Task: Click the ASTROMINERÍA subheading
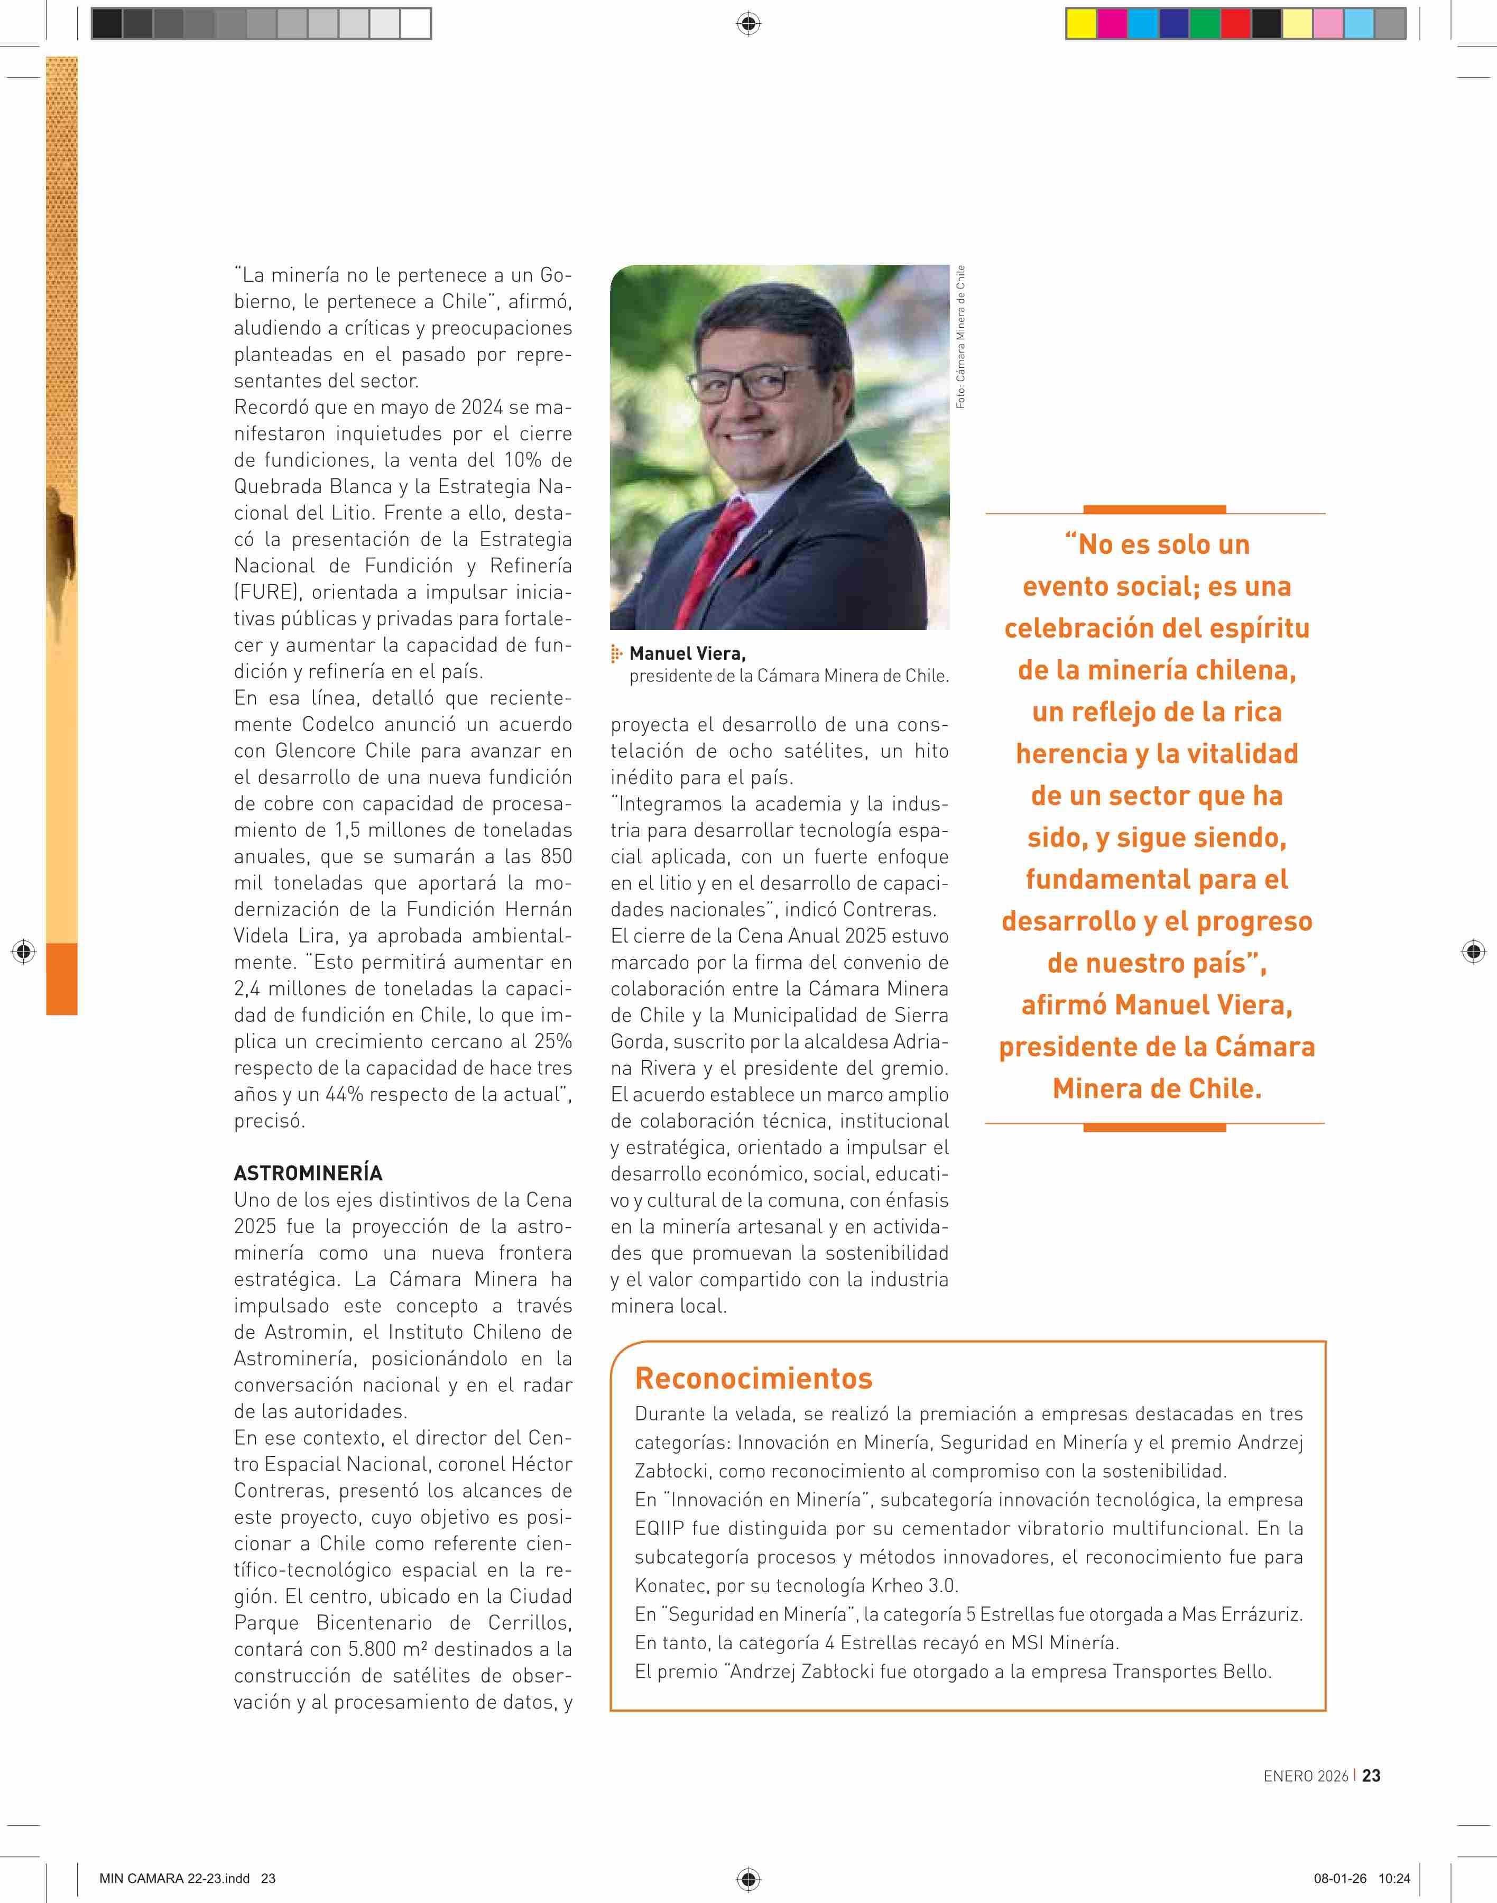point(308,1173)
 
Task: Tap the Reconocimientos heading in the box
point(753,1378)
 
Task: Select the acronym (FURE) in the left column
point(262,592)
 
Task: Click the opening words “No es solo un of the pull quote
point(1157,544)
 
